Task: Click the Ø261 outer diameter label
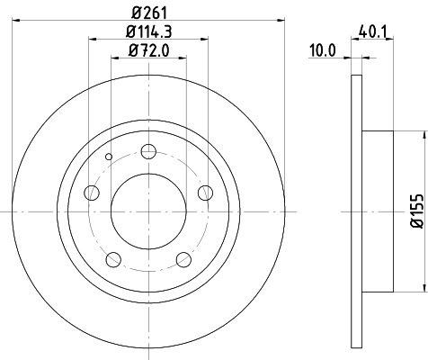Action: tap(148, 12)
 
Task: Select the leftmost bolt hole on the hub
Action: tap(91, 192)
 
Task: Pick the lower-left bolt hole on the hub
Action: tap(112, 260)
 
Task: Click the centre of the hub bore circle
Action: tap(148, 211)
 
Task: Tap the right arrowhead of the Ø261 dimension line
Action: tap(280, 21)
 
